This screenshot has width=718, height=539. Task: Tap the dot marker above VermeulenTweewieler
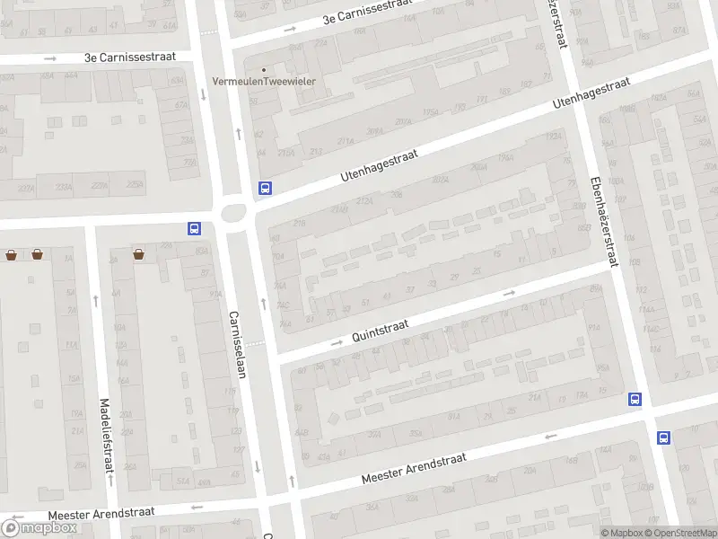pyautogui.click(x=264, y=69)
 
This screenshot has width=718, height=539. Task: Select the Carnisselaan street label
pyautogui.click(x=238, y=345)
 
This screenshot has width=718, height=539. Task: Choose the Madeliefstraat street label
pyautogui.click(x=108, y=436)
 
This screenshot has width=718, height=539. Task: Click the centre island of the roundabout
pyautogui.click(x=234, y=214)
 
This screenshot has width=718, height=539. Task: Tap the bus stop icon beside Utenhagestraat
pyautogui.click(x=265, y=188)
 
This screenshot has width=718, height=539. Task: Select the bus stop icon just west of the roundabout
pyautogui.click(x=194, y=228)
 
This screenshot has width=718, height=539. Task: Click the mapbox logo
pyautogui.click(x=39, y=527)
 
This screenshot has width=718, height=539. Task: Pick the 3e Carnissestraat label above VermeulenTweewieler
pyautogui.click(x=367, y=13)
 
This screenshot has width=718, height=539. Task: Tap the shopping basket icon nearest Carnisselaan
pyautogui.click(x=139, y=254)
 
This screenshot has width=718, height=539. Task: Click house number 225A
pyautogui.click(x=136, y=185)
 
